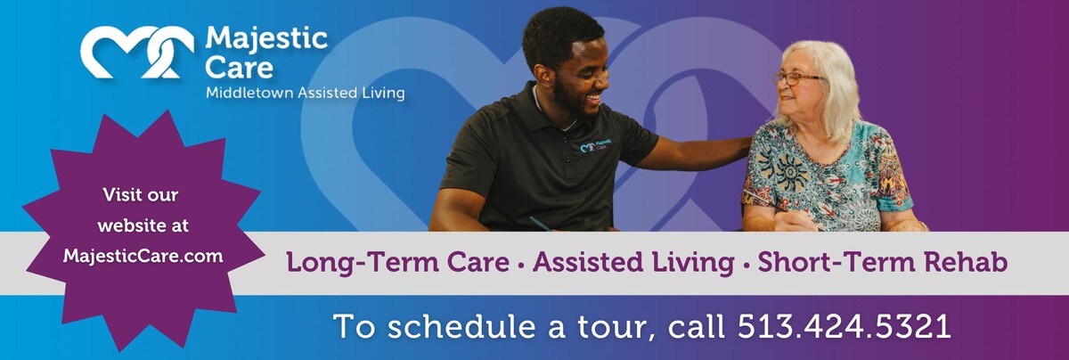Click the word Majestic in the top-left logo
[x=266, y=38]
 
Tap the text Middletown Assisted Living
[x=305, y=93]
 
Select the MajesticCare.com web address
[x=143, y=256]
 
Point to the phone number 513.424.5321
[x=844, y=326]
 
